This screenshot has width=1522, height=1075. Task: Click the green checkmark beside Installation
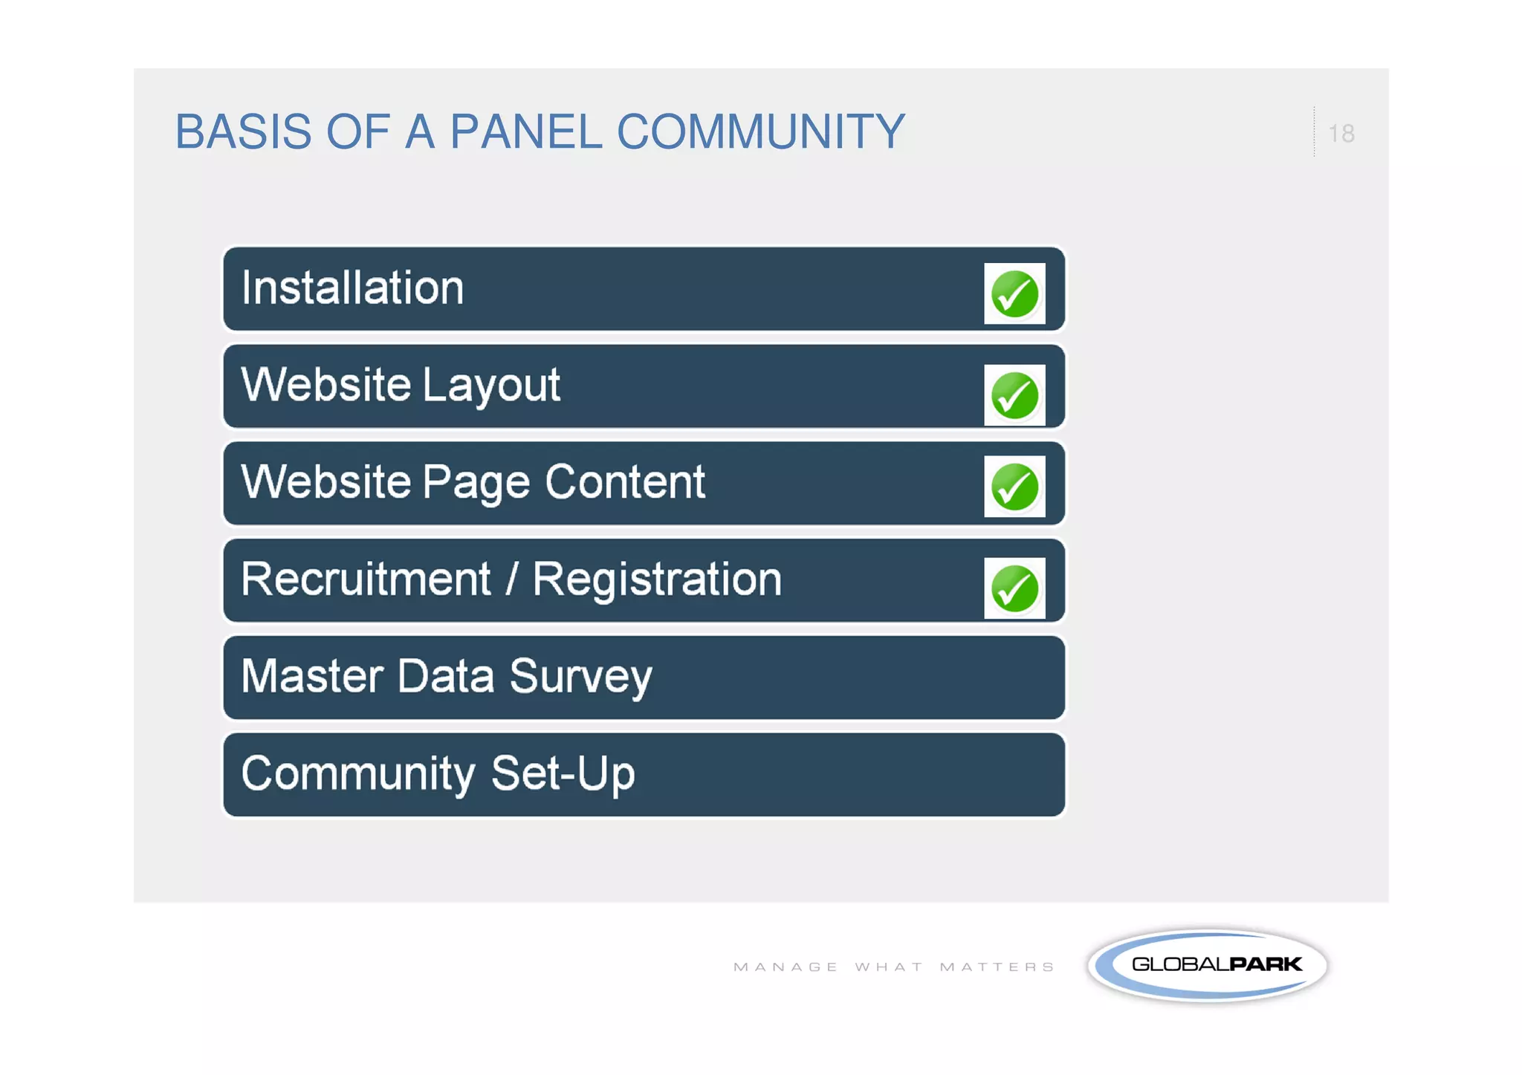point(1014,293)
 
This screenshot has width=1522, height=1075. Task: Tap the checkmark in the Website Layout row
point(1014,395)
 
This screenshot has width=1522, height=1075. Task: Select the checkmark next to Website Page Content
point(1014,487)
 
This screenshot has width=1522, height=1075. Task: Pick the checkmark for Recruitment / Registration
point(1014,588)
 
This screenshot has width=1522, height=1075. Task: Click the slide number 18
point(1341,134)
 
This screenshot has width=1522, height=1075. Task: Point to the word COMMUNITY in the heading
point(760,132)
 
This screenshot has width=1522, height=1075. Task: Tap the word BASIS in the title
point(243,132)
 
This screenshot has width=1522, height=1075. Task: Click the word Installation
point(352,288)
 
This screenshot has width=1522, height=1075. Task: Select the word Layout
point(491,386)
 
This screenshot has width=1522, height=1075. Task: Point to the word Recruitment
point(366,579)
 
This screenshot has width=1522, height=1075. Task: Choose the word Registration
point(657,579)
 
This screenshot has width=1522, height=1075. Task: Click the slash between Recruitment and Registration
point(511,579)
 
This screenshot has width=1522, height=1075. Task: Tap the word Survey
point(580,678)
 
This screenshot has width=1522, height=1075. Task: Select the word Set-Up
point(563,774)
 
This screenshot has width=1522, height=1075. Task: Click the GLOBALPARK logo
point(1208,965)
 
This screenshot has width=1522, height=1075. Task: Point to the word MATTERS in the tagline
point(997,967)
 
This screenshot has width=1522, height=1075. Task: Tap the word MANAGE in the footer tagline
point(786,967)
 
